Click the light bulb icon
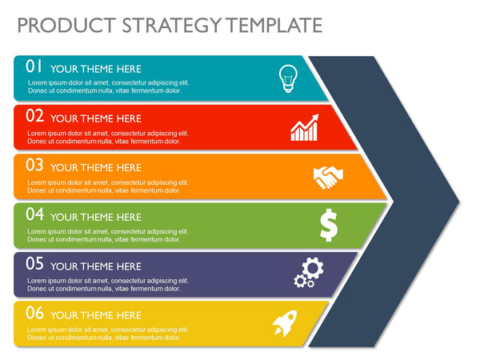[286, 78]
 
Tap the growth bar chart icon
[304, 128]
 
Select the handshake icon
[328, 177]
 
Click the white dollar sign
[328, 225]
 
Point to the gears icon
[307, 272]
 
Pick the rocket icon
[285, 322]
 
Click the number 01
[34, 67]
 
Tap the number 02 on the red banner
[34, 116]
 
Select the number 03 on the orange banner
[34, 166]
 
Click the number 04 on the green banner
[34, 215]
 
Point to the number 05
[34, 264]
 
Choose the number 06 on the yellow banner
[34, 314]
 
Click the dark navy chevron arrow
[400, 200]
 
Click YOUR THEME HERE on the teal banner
[95, 69]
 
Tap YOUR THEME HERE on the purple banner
[95, 266]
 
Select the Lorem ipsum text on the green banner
[108, 235]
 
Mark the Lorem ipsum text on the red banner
[108, 137]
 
